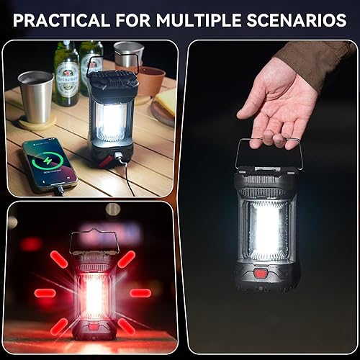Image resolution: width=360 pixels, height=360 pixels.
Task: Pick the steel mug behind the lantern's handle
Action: coord(128,55)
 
